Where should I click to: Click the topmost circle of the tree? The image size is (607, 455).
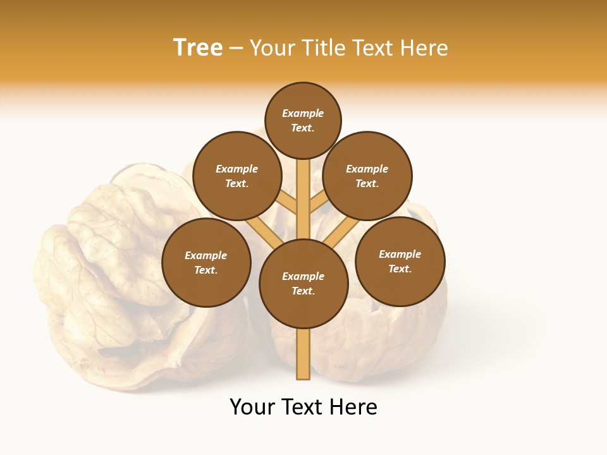click(303, 120)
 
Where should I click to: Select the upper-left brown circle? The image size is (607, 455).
click(237, 176)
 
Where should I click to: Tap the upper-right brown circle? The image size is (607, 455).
click(367, 176)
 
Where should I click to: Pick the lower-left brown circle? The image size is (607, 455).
click(206, 262)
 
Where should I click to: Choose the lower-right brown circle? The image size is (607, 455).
click(400, 261)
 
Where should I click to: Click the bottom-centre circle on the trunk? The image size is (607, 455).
click(303, 283)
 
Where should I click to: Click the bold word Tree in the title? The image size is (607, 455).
click(198, 47)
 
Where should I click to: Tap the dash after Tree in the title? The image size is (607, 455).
click(236, 48)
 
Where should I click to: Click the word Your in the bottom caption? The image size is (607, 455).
click(253, 406)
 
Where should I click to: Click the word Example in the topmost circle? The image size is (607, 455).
click(303, 113)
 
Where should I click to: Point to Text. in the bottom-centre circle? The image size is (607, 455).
click(303, 291)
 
